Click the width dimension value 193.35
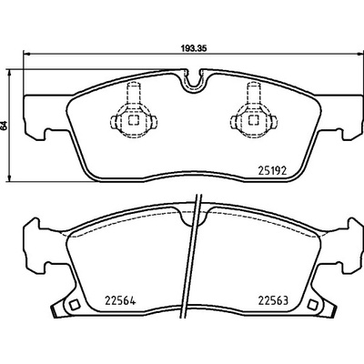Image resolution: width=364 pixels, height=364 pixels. coord(194,48)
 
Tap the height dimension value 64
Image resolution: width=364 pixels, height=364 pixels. coord(4,126)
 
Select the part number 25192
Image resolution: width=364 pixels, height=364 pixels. coord(272,171)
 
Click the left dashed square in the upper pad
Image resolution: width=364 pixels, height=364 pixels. coord(134,120)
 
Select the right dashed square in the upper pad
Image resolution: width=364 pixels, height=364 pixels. coord(254,120)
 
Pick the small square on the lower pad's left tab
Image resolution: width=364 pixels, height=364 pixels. coord(74,305)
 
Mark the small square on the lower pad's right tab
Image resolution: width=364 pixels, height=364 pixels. coord(312,305)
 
